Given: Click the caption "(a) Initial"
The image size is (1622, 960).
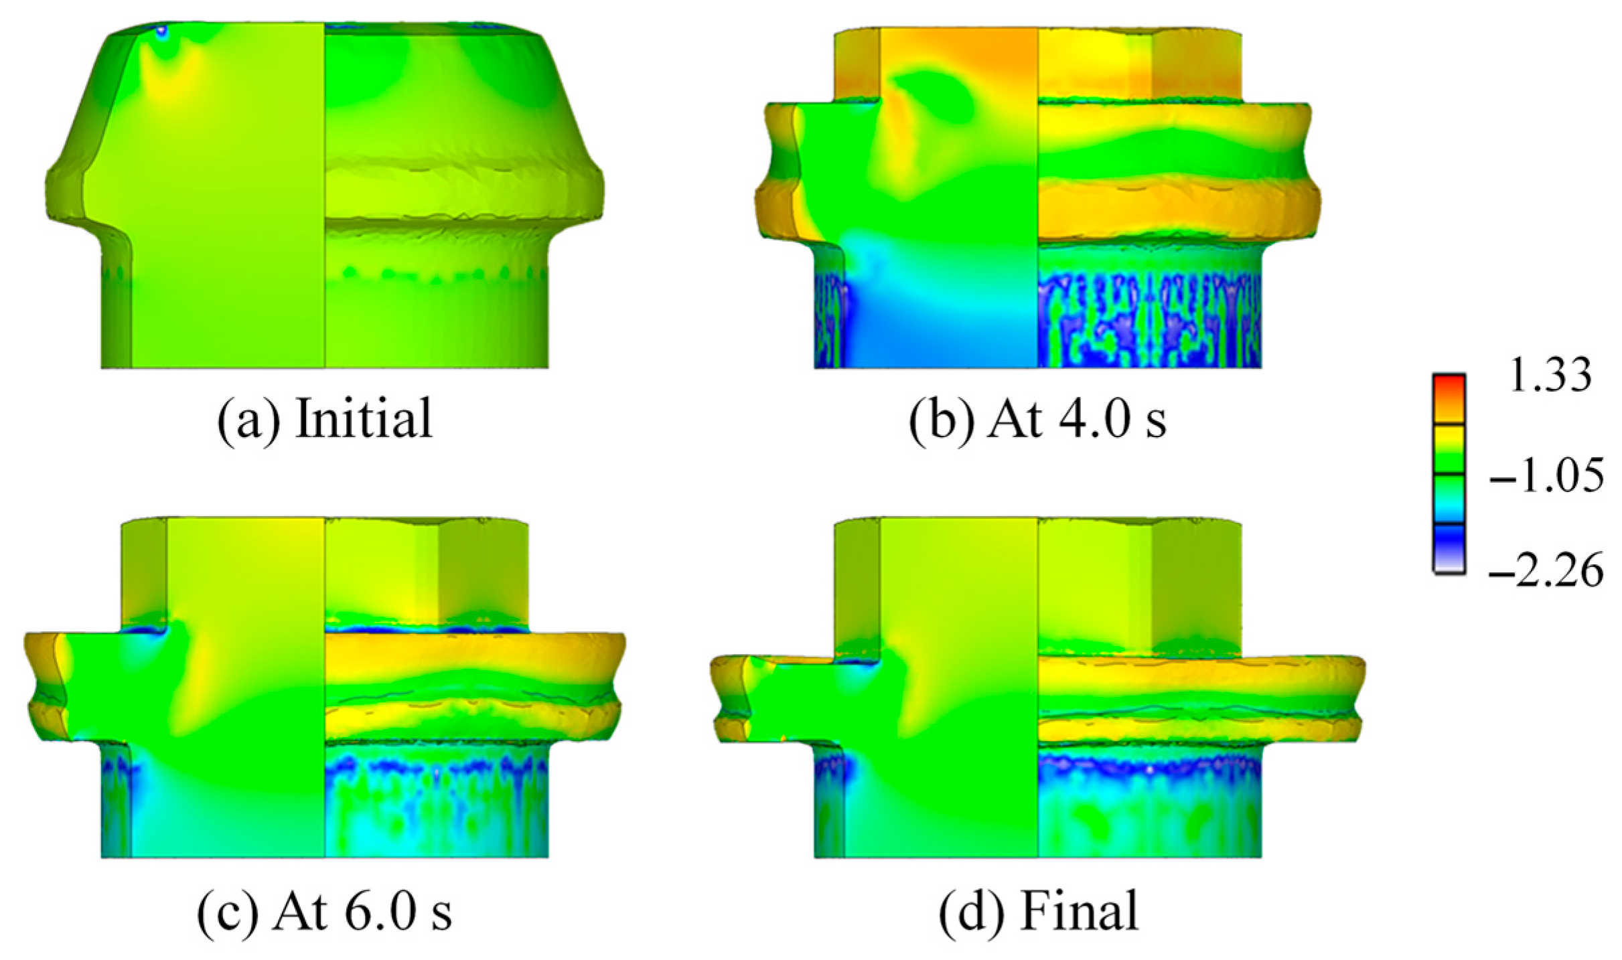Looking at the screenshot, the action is coord(325,419).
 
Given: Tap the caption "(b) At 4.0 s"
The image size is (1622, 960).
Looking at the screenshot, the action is coord(1037,419).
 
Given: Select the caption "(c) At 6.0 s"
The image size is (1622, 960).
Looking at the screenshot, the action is coord(325,910).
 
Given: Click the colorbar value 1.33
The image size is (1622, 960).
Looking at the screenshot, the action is coord(1548,375).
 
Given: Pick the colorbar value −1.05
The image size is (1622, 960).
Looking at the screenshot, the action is coord(1546,477).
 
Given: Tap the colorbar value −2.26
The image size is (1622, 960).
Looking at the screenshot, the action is coord(1546,571).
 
